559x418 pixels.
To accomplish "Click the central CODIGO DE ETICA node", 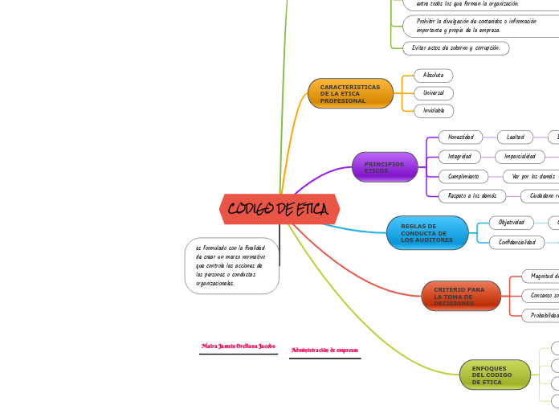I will pyautogui.click(x=279, y=210).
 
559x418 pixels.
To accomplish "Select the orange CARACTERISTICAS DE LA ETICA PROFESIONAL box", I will pyautogui.click(x=350, y=93).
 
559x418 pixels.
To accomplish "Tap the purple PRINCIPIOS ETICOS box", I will pyautogui.click(x=385, y=167).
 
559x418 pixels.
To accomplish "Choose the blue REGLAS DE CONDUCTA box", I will pyautogui.click(x=427, y=233).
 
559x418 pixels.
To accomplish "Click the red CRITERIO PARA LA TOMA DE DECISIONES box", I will pyautogui.click(x=460, y=296).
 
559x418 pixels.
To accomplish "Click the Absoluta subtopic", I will pyautogui.click(x=434, y=76).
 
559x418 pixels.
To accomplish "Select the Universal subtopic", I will pyautogui.click(x=434, y=93).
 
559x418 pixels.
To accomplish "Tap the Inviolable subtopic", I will pyautogui.click(x=434, y=111).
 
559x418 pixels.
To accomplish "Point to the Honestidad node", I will pyautogui.click(x=460, y=137).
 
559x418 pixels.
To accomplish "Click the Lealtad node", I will pyautogui.click(x=515, y=137).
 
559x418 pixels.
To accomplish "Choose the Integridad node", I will pyautogui.click(x=459, y=156).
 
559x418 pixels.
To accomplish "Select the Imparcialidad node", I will pyautogui.click(x=520, y=156).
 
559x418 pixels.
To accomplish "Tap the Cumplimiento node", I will pyautogui.click(x=463, y=176).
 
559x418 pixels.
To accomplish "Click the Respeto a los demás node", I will pyautogui.click(x=472, y=195).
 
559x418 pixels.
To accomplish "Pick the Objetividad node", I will pyautogui.click(x=511, y=222).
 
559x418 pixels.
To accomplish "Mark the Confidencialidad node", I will pyautogui.click(x=516, y=242).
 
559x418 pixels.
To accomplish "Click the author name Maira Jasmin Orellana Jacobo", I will pyautogui.click(x=238, y=346).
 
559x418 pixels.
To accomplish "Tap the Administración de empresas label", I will pyautogui.click(x=324, y=350).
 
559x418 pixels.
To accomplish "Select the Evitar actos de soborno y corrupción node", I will pyautogui.click(x=455, y=48).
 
